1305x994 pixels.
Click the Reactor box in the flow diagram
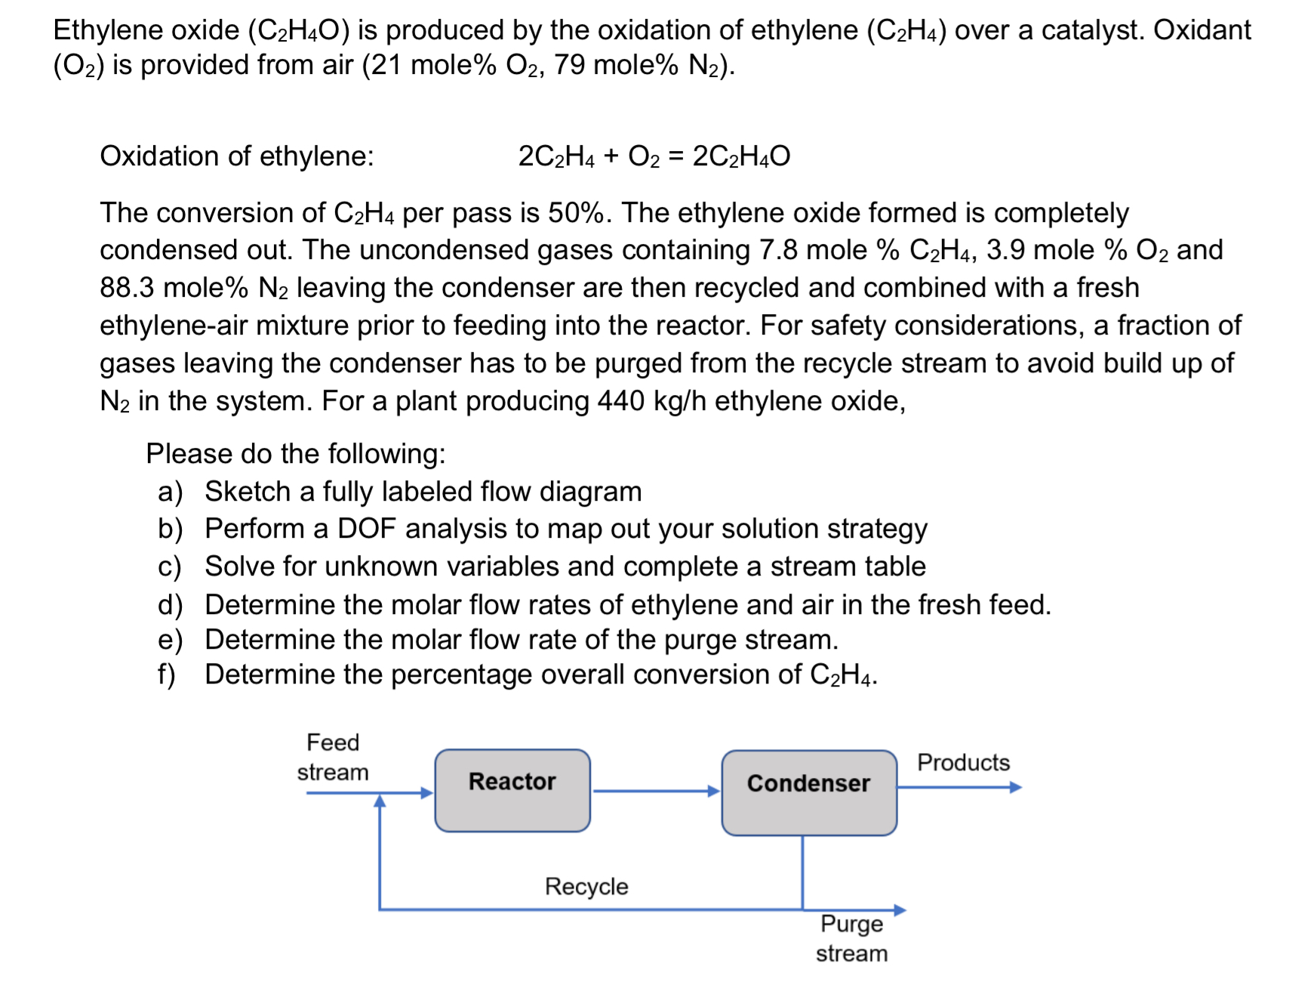point(512,790)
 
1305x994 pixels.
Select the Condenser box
point(808,792)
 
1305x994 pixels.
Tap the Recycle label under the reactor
point(586,886)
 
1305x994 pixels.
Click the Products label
point(963,762)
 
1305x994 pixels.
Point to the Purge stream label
point(851,938)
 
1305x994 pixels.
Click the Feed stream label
point(333,757)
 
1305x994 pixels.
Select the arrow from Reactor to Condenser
point(655,791)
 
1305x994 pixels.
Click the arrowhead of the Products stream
point(1015,787)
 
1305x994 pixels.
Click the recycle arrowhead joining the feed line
point(380,801)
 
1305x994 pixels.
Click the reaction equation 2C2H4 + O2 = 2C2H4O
point(654,156)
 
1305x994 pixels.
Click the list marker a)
point(171,492)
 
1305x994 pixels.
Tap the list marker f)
point(167,674)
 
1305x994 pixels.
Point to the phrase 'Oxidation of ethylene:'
point(237,156)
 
